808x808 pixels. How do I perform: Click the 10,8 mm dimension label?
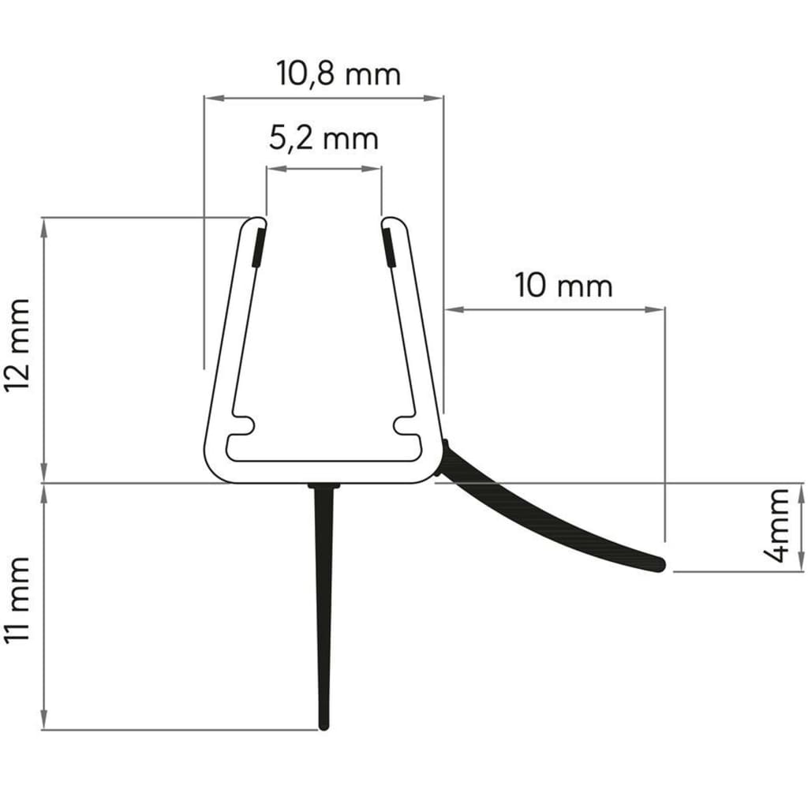pos(339,73)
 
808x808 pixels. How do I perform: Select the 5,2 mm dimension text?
pos(324,139)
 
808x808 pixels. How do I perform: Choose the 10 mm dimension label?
pos(563,285)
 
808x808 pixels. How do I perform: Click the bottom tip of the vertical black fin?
pos(323,725)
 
